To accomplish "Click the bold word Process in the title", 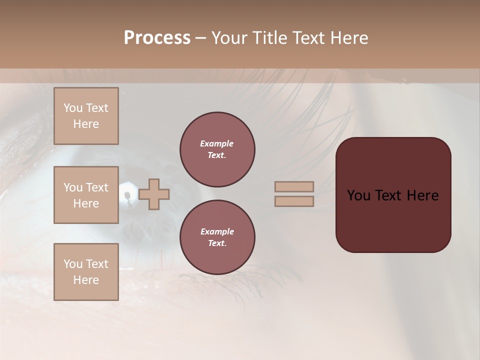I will click(x=157, y=38).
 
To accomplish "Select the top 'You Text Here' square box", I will click(x=86, y=116).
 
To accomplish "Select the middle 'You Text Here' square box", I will click(x=86, y=195).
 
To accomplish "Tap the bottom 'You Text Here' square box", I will click(x=86, y=272).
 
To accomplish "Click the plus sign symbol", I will click(x=154, y=194).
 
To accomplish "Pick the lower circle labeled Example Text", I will click(x=217, y=237).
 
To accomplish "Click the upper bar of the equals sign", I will click(x=294, y=186).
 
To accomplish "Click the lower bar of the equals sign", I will click(x=294, y=201).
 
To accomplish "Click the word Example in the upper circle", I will click(x=216, y=143).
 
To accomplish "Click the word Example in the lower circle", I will click(x=216, y=231).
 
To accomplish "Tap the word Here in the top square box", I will click(x=86, y=124).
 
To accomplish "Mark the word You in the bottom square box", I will click(x=73, y=264).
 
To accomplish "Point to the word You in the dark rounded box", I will click(x=358, y=195).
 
